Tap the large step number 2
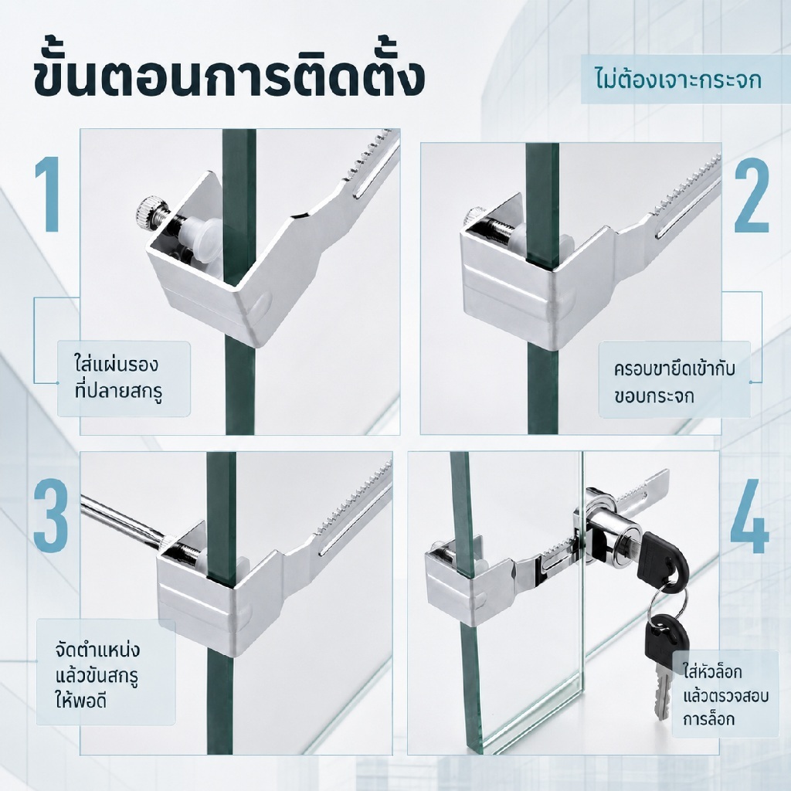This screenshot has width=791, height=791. (751, 197)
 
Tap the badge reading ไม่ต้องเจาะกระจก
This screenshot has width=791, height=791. (678, 80)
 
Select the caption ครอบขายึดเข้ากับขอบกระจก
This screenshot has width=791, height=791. (674, 382)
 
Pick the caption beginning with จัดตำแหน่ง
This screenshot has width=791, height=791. (97, 674)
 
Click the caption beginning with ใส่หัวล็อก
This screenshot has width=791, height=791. (725, 695)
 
